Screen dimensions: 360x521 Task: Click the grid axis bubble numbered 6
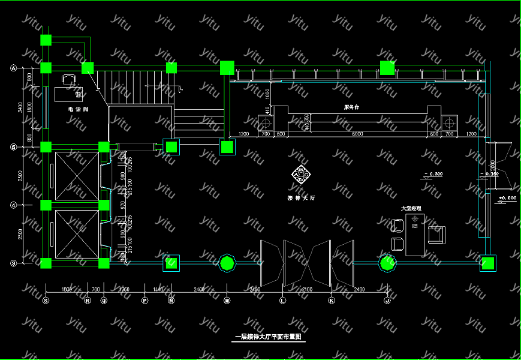pyautogui.click(x=13, y=68)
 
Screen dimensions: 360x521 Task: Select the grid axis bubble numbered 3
pyautogui.click(x=13, y=263)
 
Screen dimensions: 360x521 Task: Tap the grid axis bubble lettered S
pyautogui.click(x=46, y=300)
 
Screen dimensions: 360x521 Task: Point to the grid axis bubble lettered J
pyautogui.click(x=387, y=300)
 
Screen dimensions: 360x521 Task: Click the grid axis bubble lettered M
pyautogui.click(x=227, y=300)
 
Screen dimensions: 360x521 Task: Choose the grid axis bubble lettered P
pyautogui.click(x=144, y=300)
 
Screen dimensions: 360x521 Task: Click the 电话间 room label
pyautogui.click(x=78, y=110)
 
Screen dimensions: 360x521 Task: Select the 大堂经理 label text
pyautogui.click(x=411, y=208)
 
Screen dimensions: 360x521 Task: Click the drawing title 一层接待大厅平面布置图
pyautogui.click(x=269, y=337)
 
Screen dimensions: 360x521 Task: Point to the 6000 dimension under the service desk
pyautogui.click(x=357, y=134)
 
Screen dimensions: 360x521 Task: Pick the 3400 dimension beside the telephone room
pyautogui.click(x=21, y=107)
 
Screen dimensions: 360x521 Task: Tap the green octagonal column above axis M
pyautogui.click(x=227, y=263)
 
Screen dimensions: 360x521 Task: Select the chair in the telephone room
pyautogui.click(x=70, y=79)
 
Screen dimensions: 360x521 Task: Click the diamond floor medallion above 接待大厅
pyautogui.click(x=301, y=175)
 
